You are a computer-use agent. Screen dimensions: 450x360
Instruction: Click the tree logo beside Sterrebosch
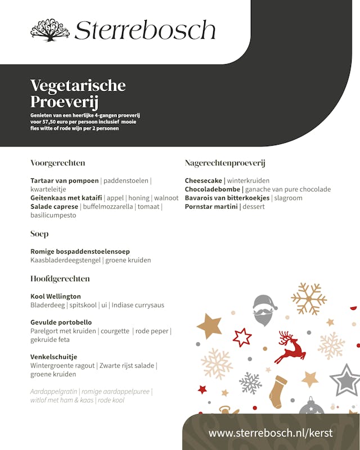coord(49,30)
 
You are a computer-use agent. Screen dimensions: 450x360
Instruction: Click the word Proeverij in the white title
coord(65,103)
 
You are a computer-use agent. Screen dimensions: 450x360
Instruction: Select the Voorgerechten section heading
coord(58,163)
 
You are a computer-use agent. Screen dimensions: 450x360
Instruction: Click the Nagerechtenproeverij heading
coord(225,163)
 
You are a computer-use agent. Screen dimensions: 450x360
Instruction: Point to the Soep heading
coord(39,234)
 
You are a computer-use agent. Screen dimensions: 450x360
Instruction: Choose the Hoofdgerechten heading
coord(60,279)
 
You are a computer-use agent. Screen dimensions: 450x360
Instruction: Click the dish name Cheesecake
coord(203,181)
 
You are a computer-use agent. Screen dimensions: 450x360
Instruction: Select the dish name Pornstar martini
coord(211,207)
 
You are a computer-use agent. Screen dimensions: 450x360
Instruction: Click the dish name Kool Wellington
coord(56,296)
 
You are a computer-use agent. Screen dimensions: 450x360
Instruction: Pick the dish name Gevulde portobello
coord(61,322)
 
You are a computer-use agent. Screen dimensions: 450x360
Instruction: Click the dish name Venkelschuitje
coord(54,357)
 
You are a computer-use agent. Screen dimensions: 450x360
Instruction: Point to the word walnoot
coord(166,198)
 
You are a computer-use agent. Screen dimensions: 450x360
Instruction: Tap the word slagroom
coord(289,198)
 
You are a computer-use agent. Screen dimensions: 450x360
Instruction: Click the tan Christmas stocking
coord(277,391)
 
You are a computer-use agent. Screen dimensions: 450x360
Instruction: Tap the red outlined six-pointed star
coord(242,337)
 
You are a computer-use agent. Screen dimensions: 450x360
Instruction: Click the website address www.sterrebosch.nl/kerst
coord(271,433)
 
